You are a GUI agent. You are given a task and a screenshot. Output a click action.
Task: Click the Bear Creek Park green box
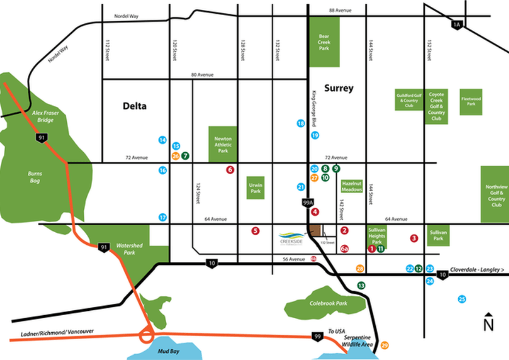tap(324, 42)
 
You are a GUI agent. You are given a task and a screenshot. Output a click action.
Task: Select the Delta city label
tap(135, 106)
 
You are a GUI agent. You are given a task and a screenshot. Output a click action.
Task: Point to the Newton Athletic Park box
tap(223, 144)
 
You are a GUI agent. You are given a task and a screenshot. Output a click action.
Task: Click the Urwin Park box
tap(255, 188)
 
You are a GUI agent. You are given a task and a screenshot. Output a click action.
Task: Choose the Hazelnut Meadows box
tap(352, 185)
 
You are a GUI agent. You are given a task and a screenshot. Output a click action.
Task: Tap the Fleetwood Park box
tap(470, 101)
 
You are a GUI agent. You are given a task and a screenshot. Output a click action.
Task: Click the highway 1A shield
tap(456, 25)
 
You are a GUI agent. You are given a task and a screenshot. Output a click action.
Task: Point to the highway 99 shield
tap(317, 336)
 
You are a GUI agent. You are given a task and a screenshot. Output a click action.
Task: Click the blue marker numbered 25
tap(462, 299)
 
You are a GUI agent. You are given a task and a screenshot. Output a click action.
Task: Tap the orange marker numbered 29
tap(385, 345)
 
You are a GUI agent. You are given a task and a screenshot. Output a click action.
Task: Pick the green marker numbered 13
tap(361, 285)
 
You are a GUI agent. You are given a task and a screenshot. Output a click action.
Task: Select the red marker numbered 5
tap(255, 231)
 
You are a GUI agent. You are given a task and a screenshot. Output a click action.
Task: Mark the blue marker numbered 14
tap(162, 140)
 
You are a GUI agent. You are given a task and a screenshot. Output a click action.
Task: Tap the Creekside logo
tap(292, 238)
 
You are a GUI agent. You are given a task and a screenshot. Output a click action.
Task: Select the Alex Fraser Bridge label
tap(46, 117)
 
